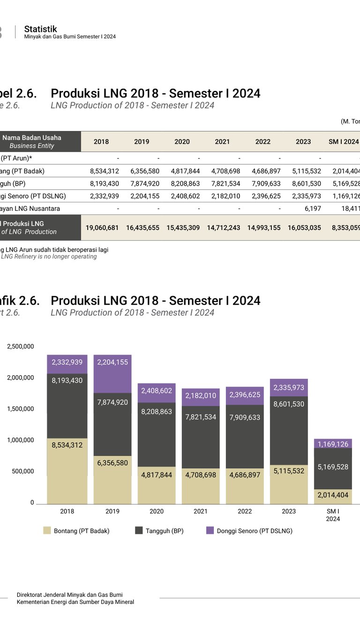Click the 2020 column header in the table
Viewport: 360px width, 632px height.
pyautogui.click(x=182, y=141)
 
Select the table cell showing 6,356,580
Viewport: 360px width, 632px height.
pyautogui.click(x=142, y=171)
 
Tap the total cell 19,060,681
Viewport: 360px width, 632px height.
pyautogui.click(x=101, y=228)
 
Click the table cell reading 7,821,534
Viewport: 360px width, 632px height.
pyautogui.click(x=222, y=183)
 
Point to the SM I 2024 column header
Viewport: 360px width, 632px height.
pyautogui.click(x=344, y=141)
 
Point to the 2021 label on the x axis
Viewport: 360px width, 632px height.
pyautogui.click(x=201, y=511)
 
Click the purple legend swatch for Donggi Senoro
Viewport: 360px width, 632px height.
pyautogui.click(x=210, y=531)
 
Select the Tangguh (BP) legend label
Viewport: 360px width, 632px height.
pyautogui.click(x=165, y=531)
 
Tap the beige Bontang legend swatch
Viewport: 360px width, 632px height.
pyautogui.click(x=47, y=531)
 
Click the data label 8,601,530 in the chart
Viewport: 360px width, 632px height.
pyautogui.click(x=289, y=404)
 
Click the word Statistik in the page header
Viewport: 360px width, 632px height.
pyautogui.click(x=41, y=29)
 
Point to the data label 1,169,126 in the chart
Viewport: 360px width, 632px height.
pyautogui.click(x=333, y=444)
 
